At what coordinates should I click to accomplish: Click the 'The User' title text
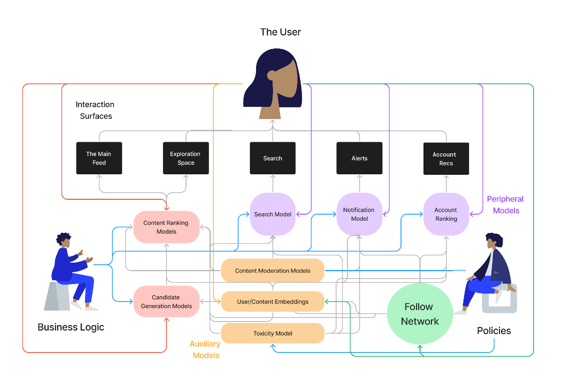[x=280, y=32]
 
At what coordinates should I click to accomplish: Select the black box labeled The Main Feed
[x=99, y=158]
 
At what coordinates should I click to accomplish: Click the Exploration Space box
[x=186, y=158]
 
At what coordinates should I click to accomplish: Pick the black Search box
[x=272, y=158]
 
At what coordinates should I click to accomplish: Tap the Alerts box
[x=359, y=158]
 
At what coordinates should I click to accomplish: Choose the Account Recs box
[x=446, y=159]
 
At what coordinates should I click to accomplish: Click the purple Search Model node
[x=272, y=214]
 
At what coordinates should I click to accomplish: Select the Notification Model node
[x=359, y=214]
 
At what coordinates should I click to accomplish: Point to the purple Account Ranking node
[x=446, y=214]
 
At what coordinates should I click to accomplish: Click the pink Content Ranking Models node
[x=166, y=227]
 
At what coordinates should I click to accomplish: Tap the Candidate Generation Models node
[x=166, y=302]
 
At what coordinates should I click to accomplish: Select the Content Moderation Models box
[x=272, y=271]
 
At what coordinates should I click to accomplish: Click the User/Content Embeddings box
[x=272, y=302]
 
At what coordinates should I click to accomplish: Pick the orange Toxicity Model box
[x=272, y=333]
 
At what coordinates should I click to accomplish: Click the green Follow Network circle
[x=419, y=314]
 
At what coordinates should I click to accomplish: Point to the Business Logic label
[x=71, y=328]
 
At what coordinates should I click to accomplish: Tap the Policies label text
[x=494, y=331]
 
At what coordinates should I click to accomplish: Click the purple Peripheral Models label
[x=505, y=205]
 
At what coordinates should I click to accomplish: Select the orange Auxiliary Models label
[x=205, y=350]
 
